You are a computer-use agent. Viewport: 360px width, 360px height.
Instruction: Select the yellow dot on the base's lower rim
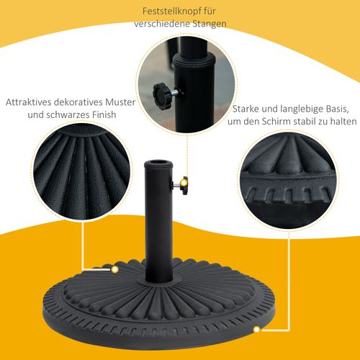pos(256,330)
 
